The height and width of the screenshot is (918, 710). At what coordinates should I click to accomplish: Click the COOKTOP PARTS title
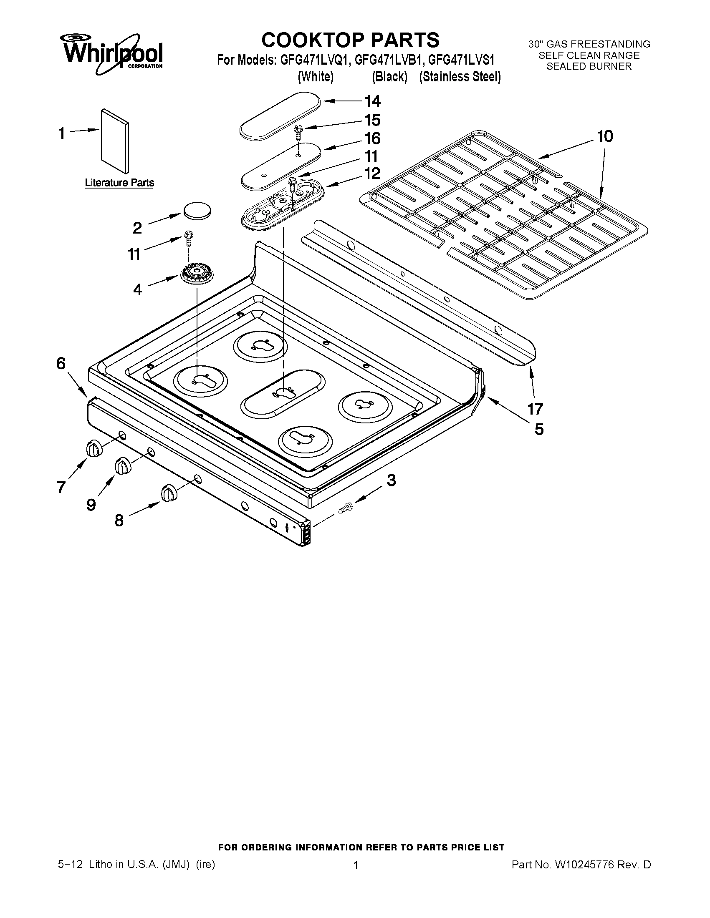pos(350,40)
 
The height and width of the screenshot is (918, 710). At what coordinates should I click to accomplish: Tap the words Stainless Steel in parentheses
pos(460,77)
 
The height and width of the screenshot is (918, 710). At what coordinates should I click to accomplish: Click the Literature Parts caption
pos(119,183)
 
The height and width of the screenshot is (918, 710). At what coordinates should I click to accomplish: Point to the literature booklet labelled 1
pos(115,141)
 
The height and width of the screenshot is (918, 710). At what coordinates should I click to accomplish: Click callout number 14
pos(372,101)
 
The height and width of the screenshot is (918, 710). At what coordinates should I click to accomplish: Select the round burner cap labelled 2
pos(197,210)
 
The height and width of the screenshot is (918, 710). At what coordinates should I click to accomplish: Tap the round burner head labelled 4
pos(197,275)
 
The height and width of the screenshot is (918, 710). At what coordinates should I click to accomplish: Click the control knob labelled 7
pos(94,448)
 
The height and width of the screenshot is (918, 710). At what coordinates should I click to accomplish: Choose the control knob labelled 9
pos(122,466)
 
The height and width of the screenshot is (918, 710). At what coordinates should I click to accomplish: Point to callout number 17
pos(535,408)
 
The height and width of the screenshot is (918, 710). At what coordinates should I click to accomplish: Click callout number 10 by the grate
pos(605,136)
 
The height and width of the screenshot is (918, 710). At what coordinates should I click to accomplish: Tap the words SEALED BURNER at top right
pos(589,66)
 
